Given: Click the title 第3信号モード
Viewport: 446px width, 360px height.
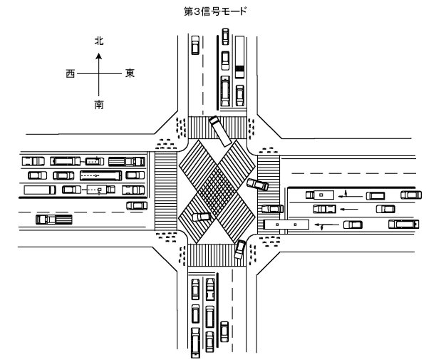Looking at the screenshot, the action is click(x=214, y=11).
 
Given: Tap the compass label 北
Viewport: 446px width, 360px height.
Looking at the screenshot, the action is click(x=99, y=41).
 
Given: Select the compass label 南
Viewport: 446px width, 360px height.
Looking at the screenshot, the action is click(x=99, y=105).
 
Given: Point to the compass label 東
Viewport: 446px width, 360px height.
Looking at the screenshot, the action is click(x=130, y=73).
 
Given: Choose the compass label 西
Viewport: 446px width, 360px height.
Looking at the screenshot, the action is click(x=71, y=74).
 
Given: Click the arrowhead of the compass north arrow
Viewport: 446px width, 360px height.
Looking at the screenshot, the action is click(x=99, y=56).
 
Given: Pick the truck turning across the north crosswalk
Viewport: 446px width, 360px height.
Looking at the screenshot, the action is click(x=220, y=131).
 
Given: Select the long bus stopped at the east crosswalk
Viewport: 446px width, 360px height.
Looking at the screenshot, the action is click(x=286, y=225).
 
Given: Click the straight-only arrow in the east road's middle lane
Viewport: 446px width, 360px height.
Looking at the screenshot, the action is click(x=349, y=210).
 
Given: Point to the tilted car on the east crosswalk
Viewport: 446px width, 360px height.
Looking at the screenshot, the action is click(x=257, y=185).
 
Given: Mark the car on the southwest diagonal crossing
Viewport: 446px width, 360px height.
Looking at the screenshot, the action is click(x=202, y=217).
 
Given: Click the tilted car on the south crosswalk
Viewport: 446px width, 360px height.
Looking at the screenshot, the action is click(x=240, y=250).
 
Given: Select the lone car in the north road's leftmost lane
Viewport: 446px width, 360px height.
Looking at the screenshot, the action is click(x=195, y=45).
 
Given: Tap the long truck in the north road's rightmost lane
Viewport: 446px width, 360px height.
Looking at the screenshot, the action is click(x=239, y=56).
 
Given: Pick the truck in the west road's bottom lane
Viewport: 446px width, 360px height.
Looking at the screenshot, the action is click(x=54, y=220).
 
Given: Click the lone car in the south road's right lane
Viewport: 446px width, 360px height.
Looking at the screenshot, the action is click(x=224, y=331).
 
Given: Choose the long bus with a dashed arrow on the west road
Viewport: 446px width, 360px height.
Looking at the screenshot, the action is click(x=101, y=175).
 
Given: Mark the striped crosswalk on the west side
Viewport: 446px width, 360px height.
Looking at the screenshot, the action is click(x=166, y=191).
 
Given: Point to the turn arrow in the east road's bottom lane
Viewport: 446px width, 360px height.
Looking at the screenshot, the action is click(x=327, y=225).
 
